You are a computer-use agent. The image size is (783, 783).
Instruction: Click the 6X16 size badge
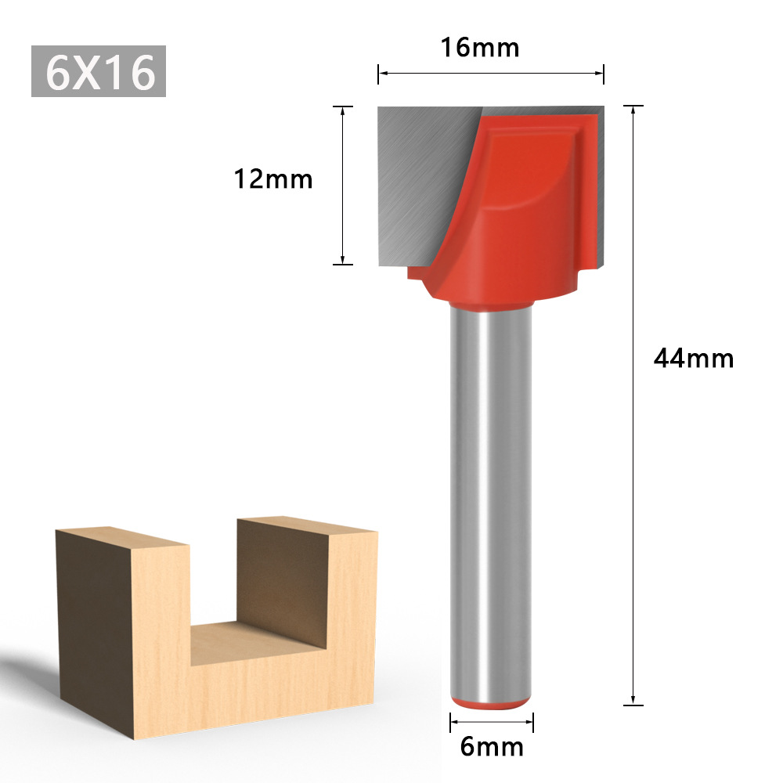(x=99, y=72)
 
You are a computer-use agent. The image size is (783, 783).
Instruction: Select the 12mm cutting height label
(x=273, y=179)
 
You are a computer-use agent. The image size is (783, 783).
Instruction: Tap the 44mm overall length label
(x=694, y=359)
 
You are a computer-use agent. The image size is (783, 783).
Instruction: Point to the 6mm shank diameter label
(x=492, y=747)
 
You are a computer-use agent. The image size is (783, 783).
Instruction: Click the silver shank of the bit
(x=491, y=501)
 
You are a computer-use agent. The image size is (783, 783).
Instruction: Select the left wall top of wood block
(x=121, y=536)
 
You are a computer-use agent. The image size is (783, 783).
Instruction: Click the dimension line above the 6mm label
(x=492, y=721)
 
